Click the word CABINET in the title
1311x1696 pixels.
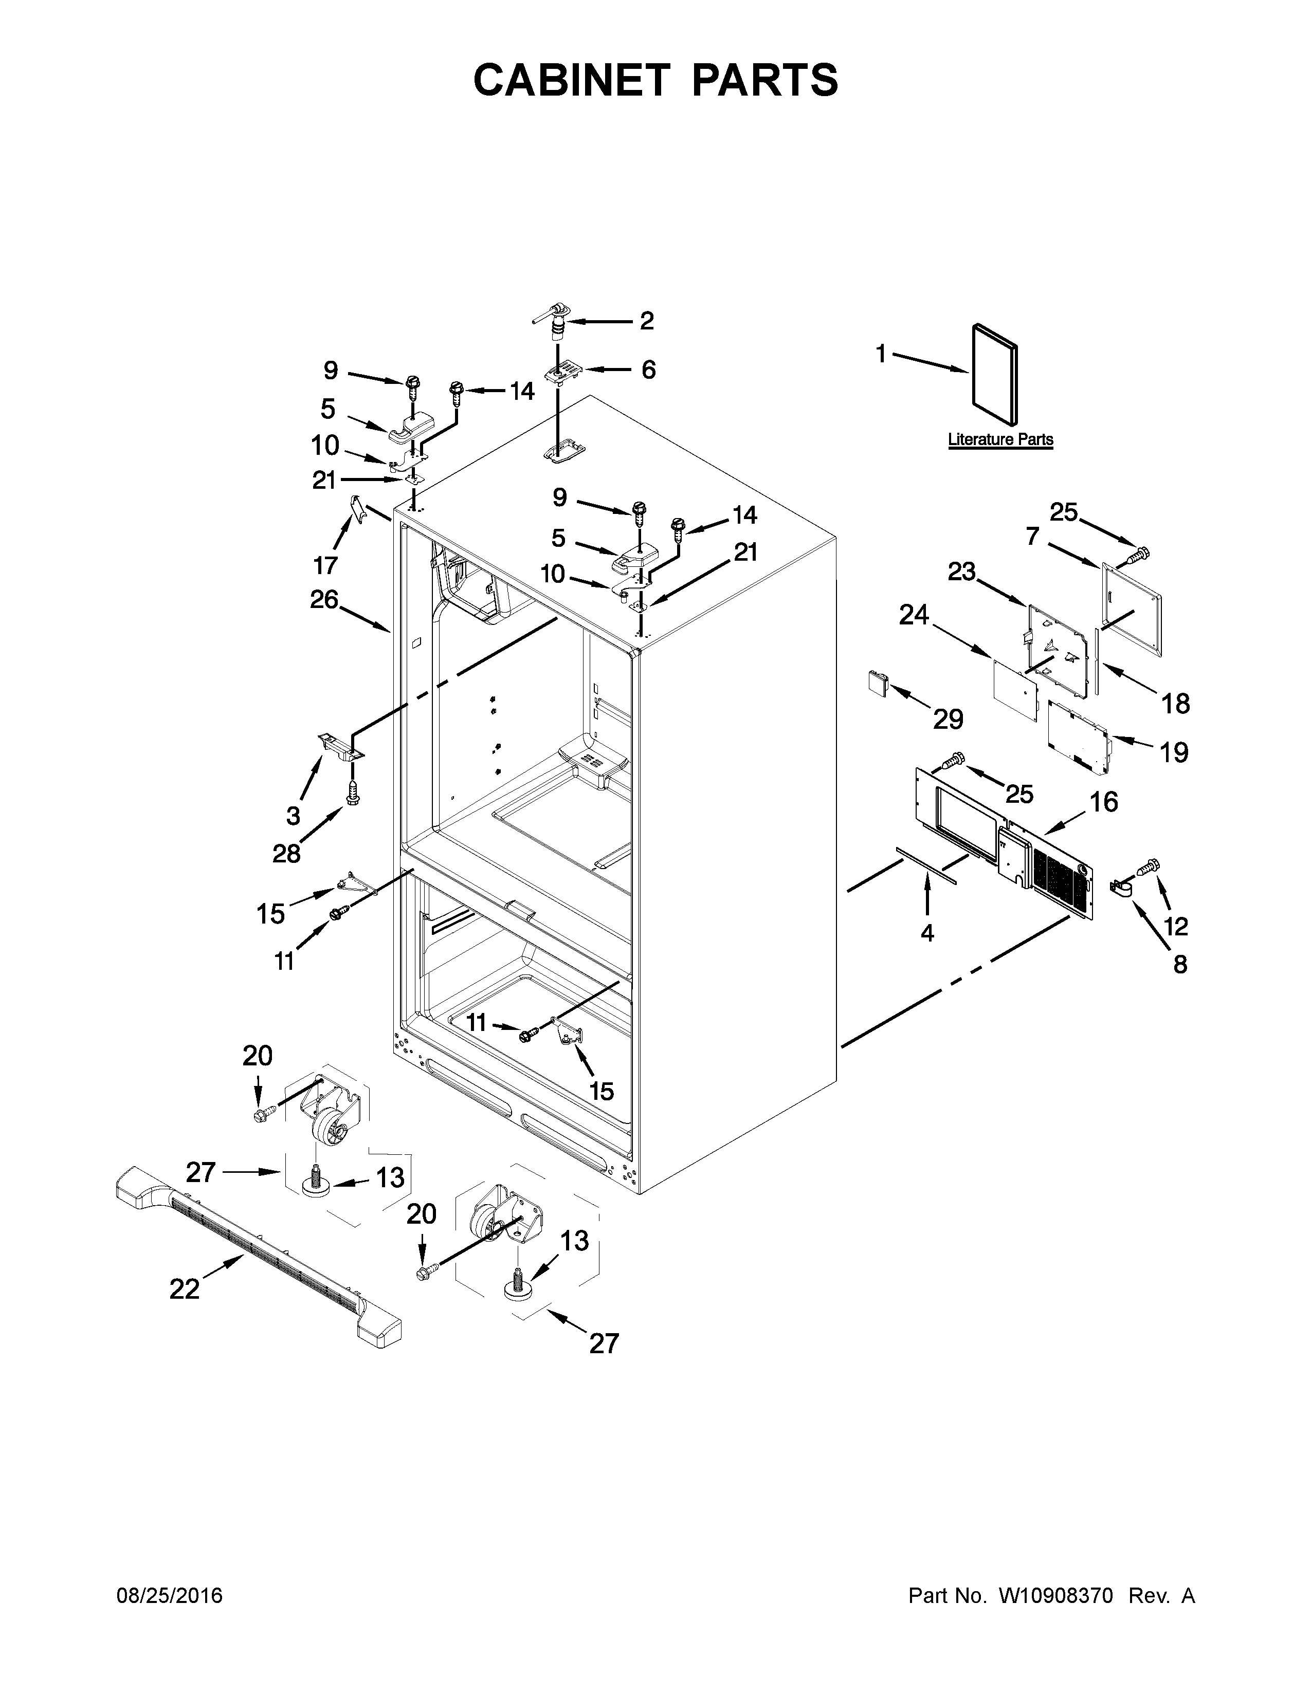click(x=572, y=80)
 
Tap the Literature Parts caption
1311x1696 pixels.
click(x=1000, y=439)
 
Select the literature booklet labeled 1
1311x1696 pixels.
click(x=995, y=374)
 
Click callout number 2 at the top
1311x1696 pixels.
click(x=646, y=321)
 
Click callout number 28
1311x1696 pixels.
click(x=286, y=854)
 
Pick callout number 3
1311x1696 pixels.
click(x=293, y=816)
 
